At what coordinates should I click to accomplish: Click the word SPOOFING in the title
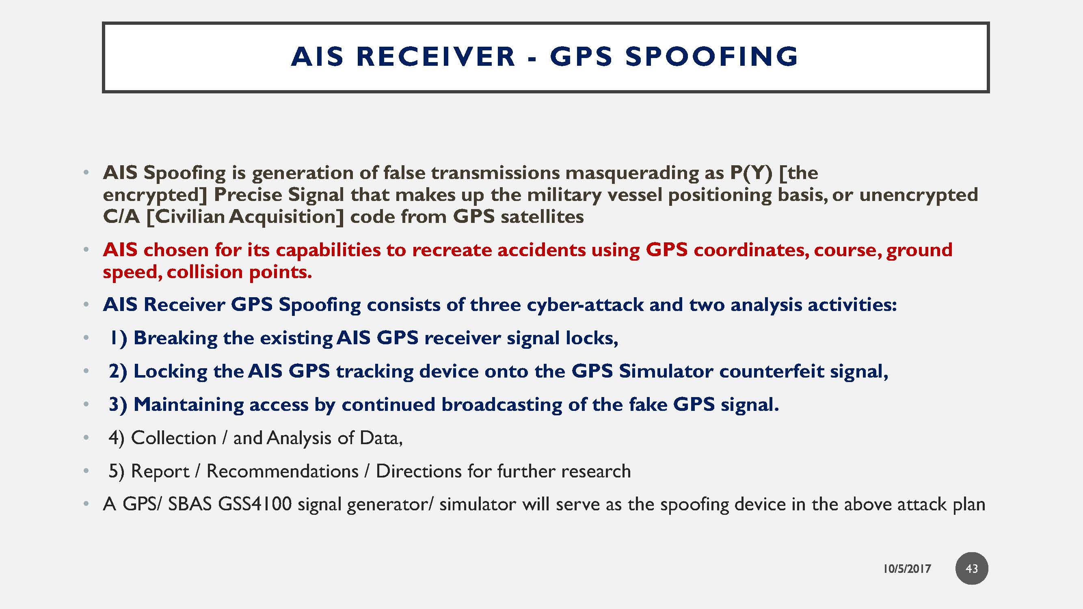point(711,56)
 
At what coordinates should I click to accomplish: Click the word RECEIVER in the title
point(436,56)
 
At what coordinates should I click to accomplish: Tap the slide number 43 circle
point(972,568)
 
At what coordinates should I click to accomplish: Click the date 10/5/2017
point(907,569)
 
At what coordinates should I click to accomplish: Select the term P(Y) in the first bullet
point(751,173)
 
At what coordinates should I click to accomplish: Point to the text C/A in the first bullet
point(121,216)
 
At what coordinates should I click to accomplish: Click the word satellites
point(542,216)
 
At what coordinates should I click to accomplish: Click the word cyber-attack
point(585,304)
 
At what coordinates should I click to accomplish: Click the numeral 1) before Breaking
point(118,338)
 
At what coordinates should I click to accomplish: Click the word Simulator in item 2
point(666,371)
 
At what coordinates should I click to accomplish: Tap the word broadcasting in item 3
point(502,404)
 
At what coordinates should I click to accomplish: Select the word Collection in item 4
point(174,438)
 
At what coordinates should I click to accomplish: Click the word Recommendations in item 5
point(283,471)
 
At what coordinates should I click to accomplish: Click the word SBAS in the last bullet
point(190,504)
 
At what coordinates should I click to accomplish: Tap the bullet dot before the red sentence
point(86,250)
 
